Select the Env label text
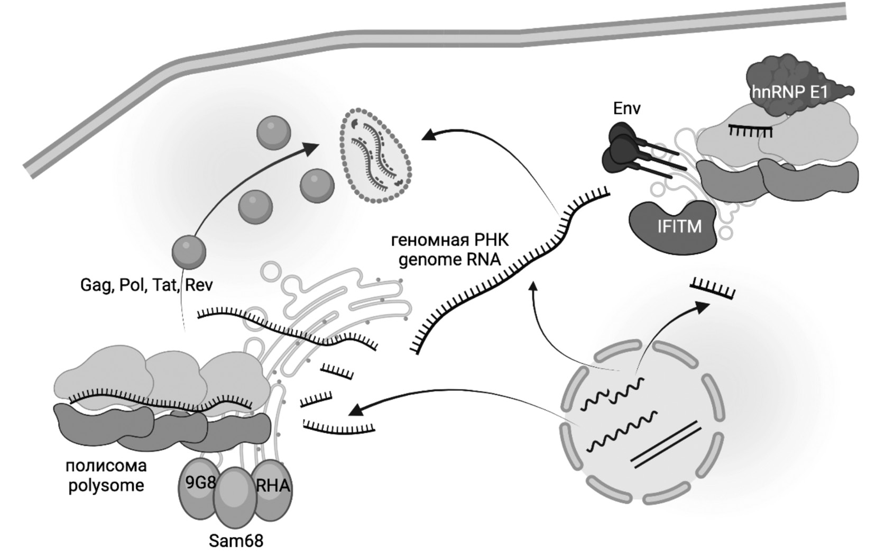626,108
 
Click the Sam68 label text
236,541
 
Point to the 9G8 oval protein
198,487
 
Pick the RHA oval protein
272,487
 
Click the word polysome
106,485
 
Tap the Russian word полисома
106,466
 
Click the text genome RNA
449,260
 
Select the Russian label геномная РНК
449,241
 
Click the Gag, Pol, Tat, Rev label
146,285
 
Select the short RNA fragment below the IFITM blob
713,289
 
